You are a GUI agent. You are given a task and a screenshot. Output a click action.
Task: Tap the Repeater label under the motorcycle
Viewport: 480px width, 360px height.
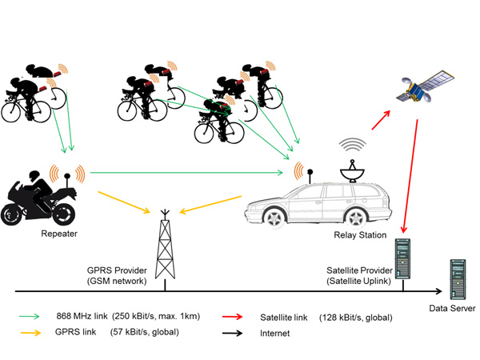tap(59, 234)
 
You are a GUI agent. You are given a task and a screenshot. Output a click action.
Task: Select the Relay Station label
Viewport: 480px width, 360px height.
tap(359, 235)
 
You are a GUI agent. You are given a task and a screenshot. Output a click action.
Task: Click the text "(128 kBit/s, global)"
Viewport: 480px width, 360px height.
tap(357, 317)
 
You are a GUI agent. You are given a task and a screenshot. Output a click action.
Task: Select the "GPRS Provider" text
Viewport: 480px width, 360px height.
tap(117, 270)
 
